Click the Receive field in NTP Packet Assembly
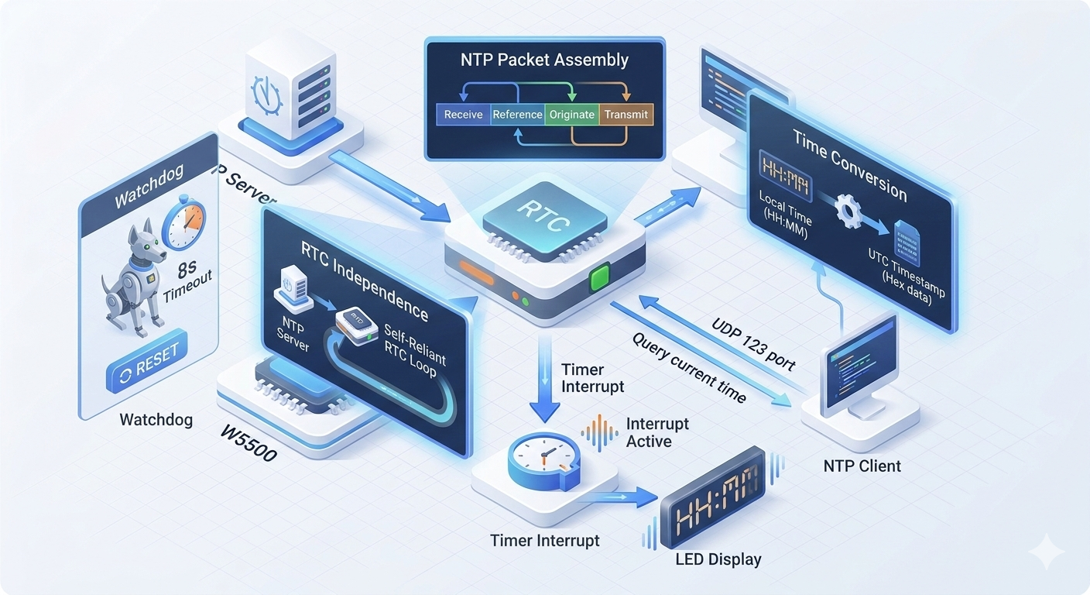pos(464,115)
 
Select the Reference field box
pos(518,115)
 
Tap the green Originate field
pos(572,115)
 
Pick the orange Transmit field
pos(626,115)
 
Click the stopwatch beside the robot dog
pos(184,224)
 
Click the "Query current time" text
pos(689,367)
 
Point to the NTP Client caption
pos(862,466)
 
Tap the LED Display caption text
pos(718,559)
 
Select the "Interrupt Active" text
pos(657,432)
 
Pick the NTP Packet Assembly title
pos(545,60)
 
